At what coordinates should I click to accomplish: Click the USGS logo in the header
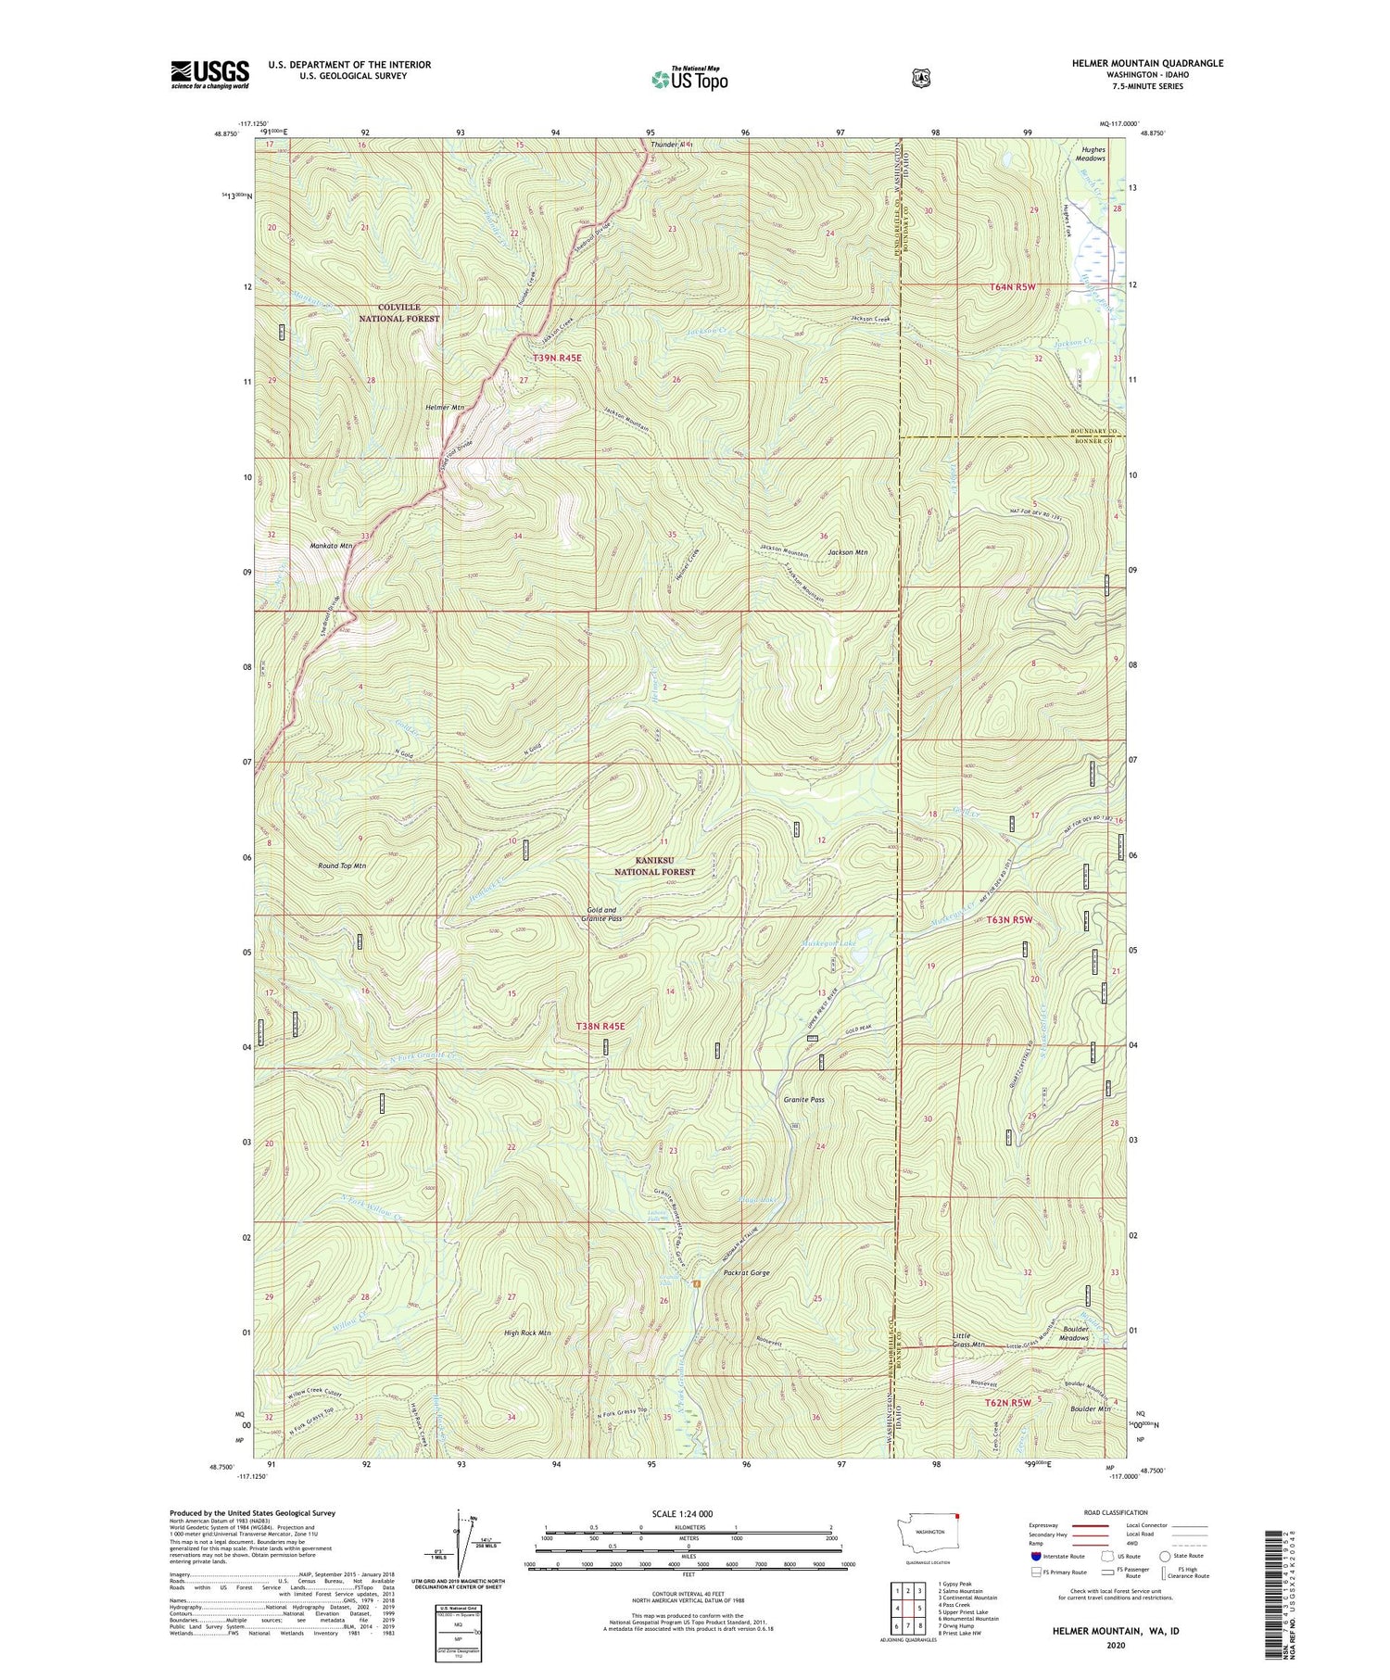pos(209,74)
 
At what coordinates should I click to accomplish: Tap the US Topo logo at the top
pos(689,79)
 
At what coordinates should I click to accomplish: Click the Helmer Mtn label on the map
pos(445,408)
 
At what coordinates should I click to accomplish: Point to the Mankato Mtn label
pos(331,546)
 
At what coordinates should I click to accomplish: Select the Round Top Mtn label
pos(342,865)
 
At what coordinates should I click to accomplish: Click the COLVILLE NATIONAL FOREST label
pos(399,312)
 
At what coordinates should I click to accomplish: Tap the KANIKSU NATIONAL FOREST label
pos(655,865)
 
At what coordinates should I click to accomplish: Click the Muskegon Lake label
pos(828,943)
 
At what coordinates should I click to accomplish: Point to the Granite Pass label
pos(803,1100)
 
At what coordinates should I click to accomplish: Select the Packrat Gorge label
pos(746,1273)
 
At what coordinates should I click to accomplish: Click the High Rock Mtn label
pos(527,1333)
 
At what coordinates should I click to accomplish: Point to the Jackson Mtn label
pos(847,552)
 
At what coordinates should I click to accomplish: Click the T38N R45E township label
pos(600,1026)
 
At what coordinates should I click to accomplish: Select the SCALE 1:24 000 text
pos(689,1513)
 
